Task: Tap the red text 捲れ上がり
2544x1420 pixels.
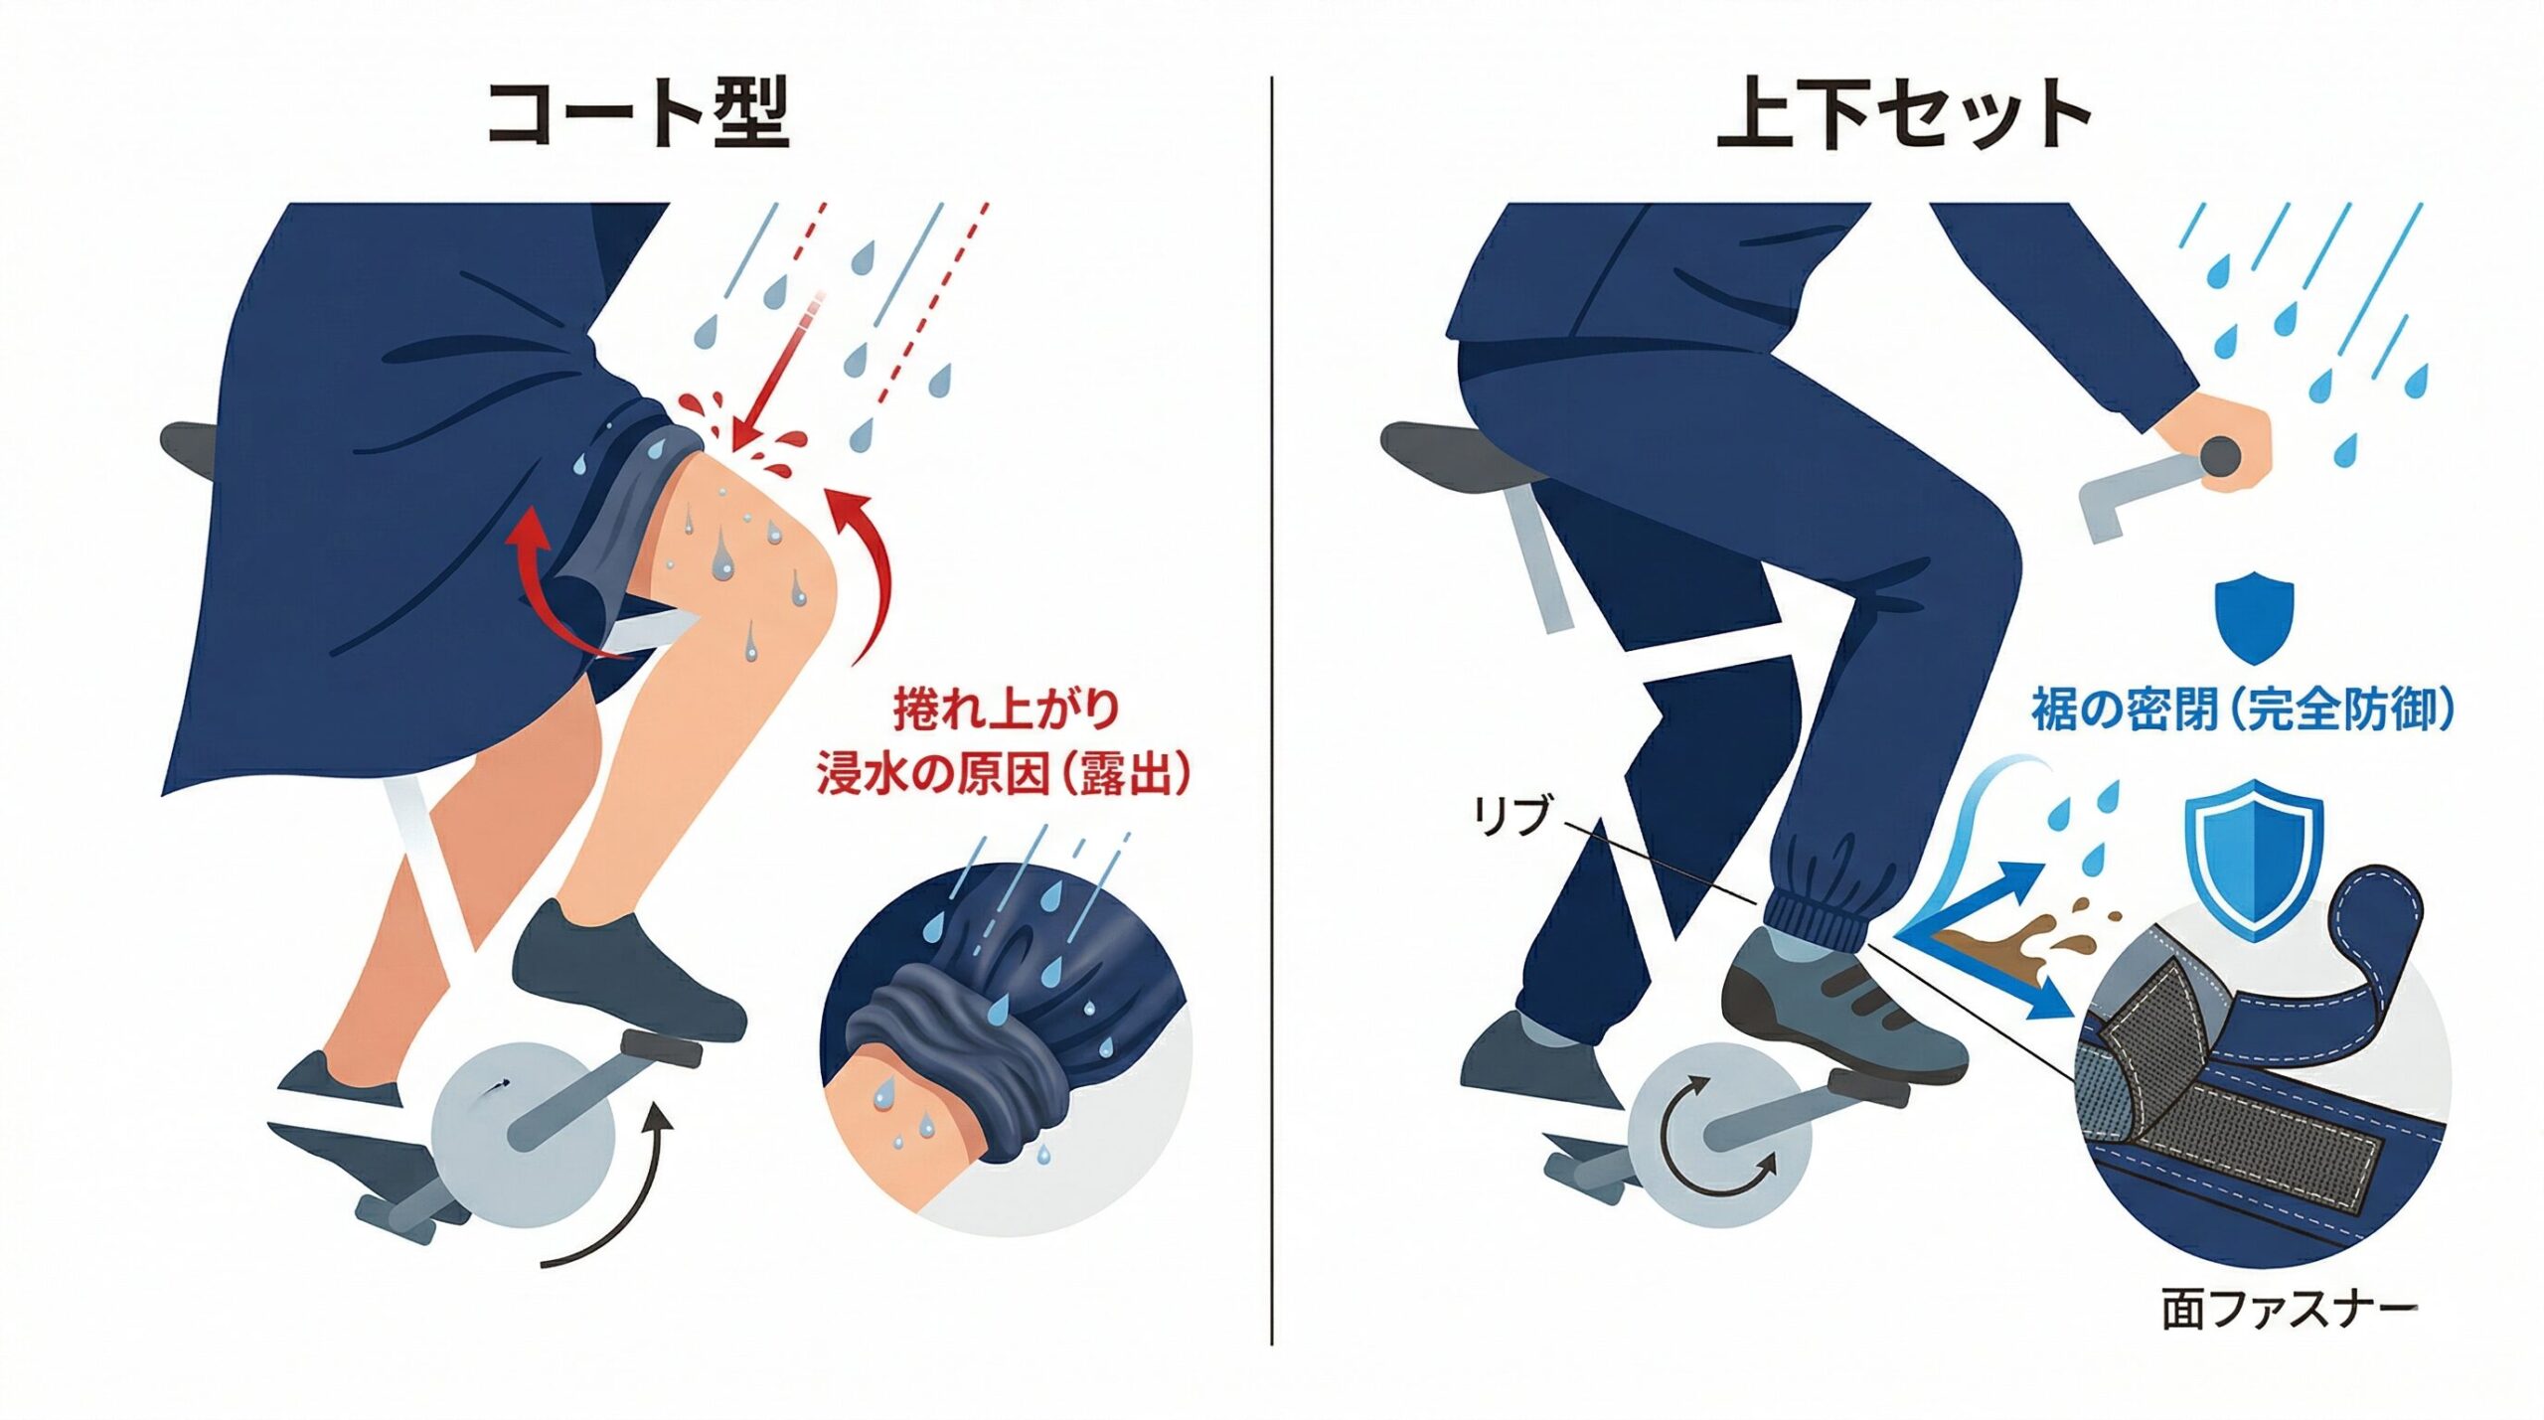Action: pos(1006,710)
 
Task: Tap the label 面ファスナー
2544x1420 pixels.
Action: pos(2289,1310)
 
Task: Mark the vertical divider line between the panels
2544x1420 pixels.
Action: pos(1272,710)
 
